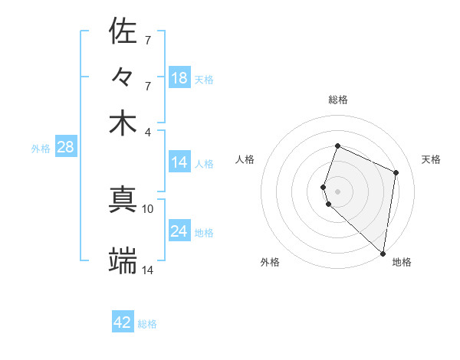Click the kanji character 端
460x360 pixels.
123,261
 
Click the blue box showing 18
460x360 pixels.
179,78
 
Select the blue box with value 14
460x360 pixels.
179,162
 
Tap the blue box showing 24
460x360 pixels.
179,231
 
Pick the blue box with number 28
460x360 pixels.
65,148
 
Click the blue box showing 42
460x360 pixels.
123,322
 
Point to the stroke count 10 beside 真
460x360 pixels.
148,208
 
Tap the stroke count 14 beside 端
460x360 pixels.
148,270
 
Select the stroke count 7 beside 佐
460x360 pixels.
148,39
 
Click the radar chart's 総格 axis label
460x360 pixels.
338,100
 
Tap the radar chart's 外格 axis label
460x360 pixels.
270,263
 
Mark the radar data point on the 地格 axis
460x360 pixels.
383,254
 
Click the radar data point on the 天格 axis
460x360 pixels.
396,172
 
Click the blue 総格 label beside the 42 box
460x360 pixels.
147,324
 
